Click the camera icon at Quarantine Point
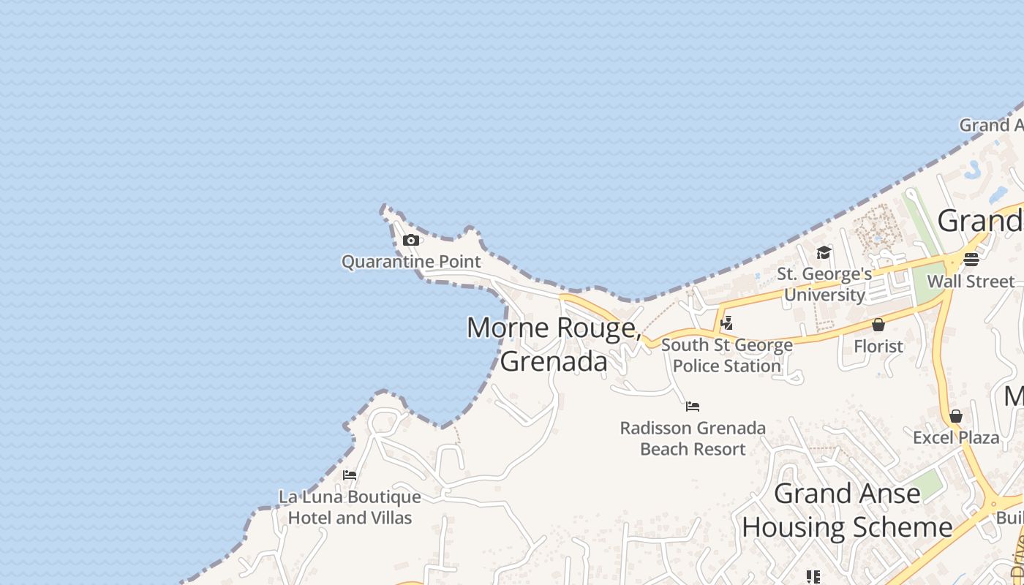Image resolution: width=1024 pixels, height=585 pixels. (x=411, y=240)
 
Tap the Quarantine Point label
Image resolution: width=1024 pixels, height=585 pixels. (x=411, y=262)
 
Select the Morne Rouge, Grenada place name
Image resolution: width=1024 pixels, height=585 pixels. (x=554, y=344)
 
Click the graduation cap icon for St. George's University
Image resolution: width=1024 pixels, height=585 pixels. (x=824, y=253)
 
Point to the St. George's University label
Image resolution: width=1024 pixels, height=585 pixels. (x=824, y=284)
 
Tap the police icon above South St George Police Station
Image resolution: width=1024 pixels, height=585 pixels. (x=726, y=322)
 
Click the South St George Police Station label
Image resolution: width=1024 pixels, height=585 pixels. (x=726, y=355)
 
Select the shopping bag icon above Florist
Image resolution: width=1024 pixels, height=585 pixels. (x=878, y=325)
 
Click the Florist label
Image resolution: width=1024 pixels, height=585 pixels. (x=878, y=346)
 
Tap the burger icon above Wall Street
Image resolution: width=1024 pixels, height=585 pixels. (x=971, y=260)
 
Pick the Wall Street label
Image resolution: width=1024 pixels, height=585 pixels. (x=971, y=282)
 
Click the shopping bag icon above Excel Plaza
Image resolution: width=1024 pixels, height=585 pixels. (x=956, y=416)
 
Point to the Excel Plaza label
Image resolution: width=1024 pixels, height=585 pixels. (x=956, y=437)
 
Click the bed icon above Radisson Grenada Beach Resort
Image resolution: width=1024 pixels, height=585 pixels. (x=693, y=407)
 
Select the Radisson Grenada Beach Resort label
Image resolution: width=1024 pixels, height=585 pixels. (x=693, y=438)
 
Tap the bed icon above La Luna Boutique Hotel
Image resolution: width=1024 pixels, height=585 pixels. (x=350, y=475)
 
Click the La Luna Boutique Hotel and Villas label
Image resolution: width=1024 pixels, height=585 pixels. (x=350, y=507)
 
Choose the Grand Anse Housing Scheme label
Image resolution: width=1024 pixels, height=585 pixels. (x=847, y=510)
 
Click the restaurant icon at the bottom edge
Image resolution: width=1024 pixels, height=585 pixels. (x=812, y=577)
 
